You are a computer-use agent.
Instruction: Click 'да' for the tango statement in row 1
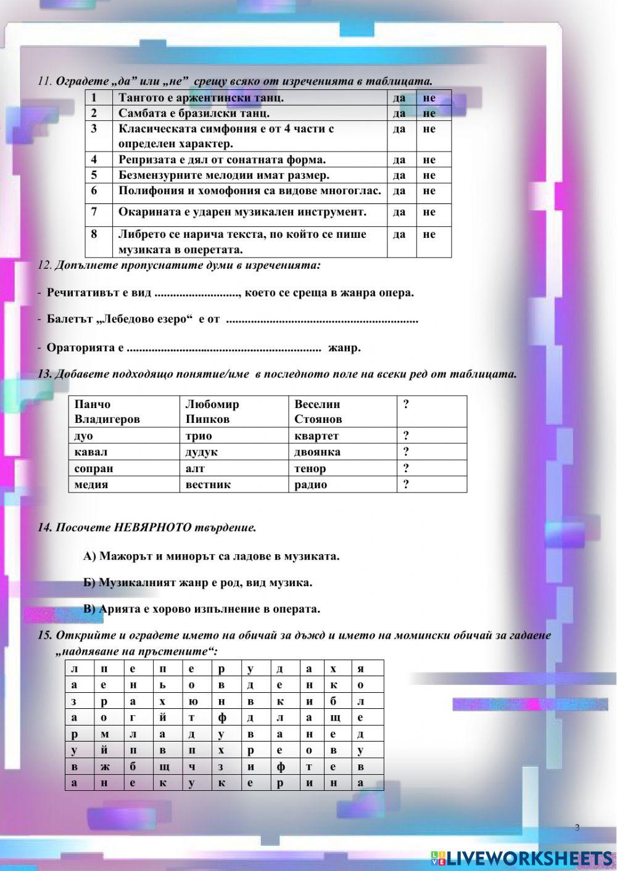[399, 98]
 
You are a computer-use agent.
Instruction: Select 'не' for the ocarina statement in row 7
[429, 212]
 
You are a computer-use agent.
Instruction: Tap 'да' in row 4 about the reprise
[399, 160]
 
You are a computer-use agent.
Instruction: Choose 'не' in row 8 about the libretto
[429, 234]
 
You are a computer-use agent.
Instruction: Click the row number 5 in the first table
[94, 175]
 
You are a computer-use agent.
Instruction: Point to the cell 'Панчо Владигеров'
[107, 412]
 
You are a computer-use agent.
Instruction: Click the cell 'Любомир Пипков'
[212, 412]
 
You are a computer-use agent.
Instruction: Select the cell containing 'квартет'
[317, 436]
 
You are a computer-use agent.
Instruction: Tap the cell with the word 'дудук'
[201, 452]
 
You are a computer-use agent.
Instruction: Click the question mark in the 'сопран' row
[406, 468]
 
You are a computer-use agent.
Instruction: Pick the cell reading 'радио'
[310, 485]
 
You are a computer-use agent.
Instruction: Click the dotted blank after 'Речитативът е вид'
[197, 293]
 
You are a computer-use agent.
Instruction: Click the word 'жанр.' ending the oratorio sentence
[344, 348]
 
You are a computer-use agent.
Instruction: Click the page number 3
[577, 827]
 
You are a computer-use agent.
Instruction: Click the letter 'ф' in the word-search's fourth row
[222, 718]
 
